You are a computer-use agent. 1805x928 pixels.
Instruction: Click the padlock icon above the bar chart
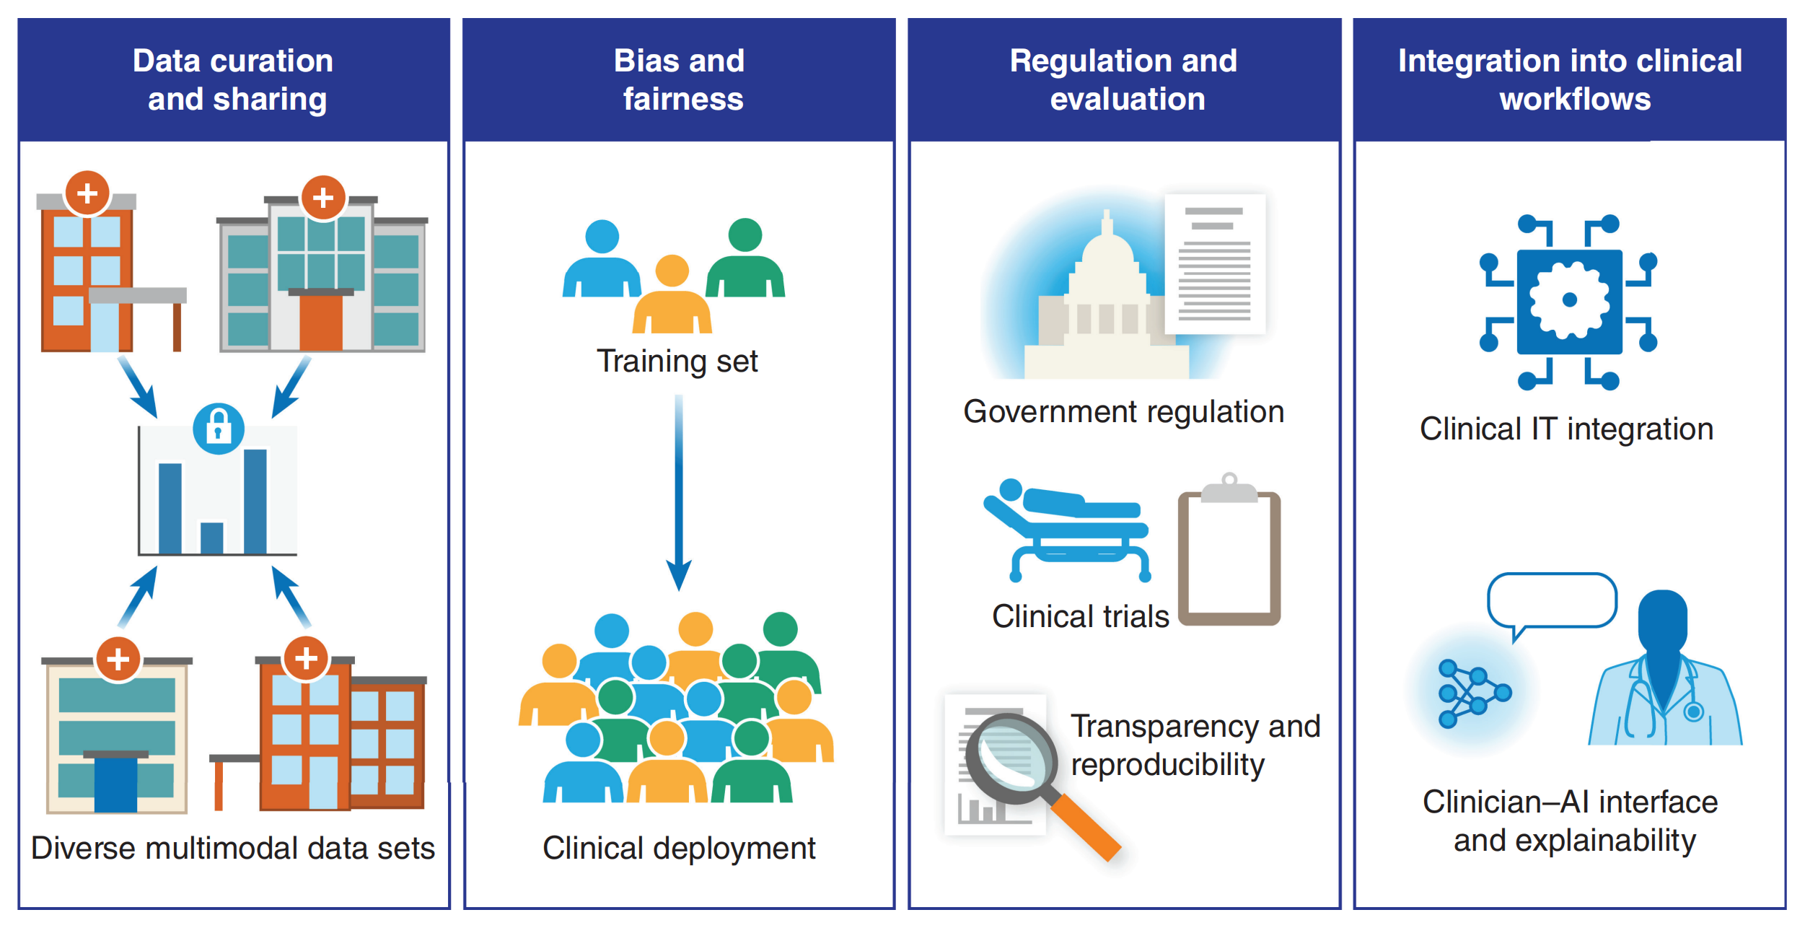pyautogui.click(x=219, y=429)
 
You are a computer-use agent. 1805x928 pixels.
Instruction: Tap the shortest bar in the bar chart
pyautogui.click(x=212, y=538)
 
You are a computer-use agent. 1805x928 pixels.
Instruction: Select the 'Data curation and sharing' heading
pyautogui.click(x=234, y=79)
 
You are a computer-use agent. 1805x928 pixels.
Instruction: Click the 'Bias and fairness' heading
pyautogui.click(x=680, y=79)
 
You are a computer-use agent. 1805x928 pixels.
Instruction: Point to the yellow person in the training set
pyautogui.click(x=672, y=296)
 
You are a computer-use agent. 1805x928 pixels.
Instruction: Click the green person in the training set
pyautogui.click(x=745, y=260)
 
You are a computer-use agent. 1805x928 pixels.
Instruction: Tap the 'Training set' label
pyautogui.click(x=677, y=361)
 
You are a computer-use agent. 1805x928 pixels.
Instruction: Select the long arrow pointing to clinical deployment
pyautogui.click(x=679, y=491)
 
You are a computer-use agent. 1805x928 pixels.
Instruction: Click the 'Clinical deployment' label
pyautogui.click(x=679, y=848)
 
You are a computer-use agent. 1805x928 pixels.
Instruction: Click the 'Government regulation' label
pyautogui.click(x=1123, y=411)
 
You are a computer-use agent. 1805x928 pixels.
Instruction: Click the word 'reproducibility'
pyautogui.click(x=1167, y=764)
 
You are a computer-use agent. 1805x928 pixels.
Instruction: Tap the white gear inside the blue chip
pyautogui.click(x=1569, y=300)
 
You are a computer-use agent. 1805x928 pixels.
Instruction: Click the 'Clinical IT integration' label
pyautogui.click(x=1566, y=429)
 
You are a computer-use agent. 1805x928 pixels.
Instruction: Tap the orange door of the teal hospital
pyautogui.click(x=320, y=322)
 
